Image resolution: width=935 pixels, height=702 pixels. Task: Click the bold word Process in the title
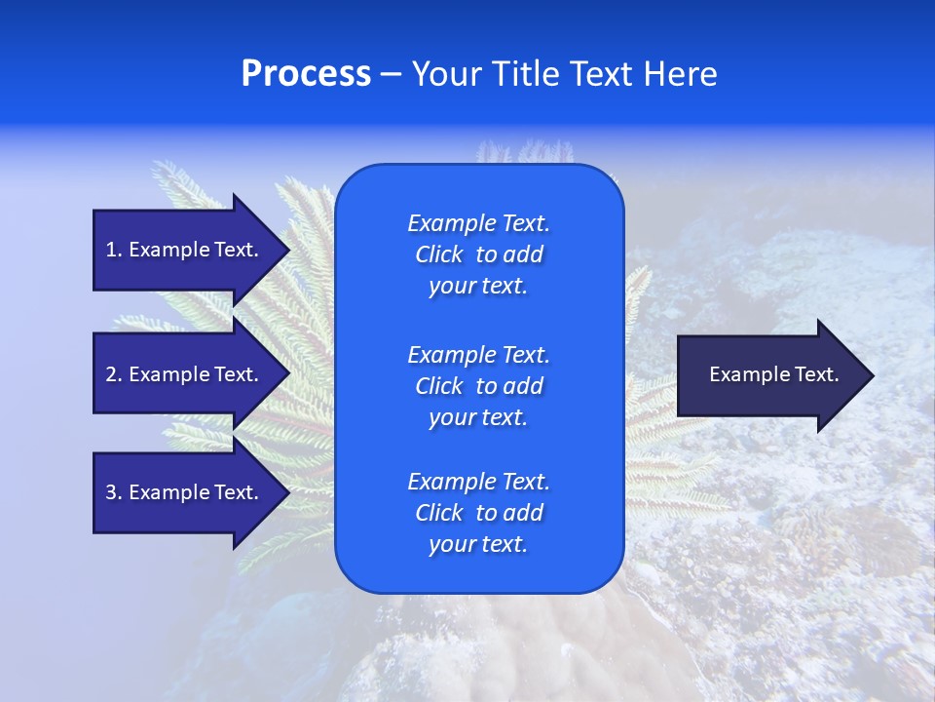tap(306, 74)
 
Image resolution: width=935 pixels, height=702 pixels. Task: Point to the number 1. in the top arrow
tap(113, 250)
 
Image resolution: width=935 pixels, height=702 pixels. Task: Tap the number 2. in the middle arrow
tap(113, 374)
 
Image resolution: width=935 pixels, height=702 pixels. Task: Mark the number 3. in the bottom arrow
tap(113, 492)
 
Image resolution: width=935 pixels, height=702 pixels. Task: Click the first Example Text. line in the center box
tap(478, 223)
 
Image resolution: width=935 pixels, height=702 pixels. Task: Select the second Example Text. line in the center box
tap(478, 354)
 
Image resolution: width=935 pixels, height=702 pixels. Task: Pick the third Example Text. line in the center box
tap(478, 481)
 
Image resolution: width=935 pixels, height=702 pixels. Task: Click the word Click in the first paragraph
tap(438, 254)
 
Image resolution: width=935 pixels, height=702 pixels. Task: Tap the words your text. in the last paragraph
tap(478, 544)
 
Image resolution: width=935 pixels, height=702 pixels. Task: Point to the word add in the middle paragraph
tap(524, 386)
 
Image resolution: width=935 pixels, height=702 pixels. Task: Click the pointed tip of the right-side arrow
tap(872, 375)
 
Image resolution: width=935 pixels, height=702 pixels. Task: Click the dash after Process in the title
tap(392, 74)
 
